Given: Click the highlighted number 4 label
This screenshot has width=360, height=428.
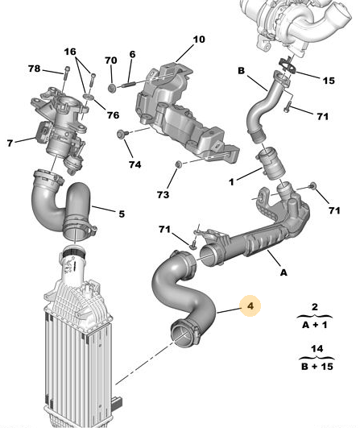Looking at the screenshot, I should point(250,306).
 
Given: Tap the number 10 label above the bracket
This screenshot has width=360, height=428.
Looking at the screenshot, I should point(199,39).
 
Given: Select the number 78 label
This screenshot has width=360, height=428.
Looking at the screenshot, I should point(35,69).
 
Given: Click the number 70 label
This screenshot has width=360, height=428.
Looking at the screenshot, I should point(111,60).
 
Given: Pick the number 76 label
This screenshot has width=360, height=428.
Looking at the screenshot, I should point(113,116).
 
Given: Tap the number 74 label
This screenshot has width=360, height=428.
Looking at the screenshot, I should point(134,164).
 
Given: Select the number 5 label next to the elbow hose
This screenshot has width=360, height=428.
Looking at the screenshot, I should point(122,214).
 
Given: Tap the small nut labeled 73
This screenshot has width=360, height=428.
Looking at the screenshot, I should point(179,166).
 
